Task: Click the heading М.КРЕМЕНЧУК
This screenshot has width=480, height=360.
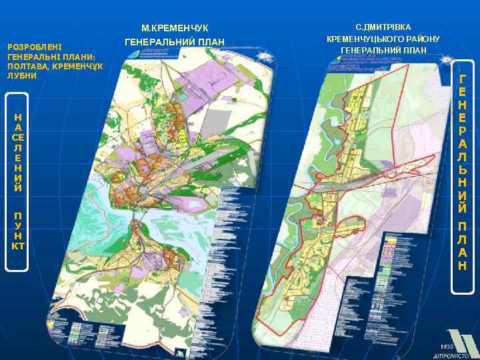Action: [x=175, y=28]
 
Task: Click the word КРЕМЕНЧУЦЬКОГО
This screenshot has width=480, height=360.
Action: [x=365, y=39]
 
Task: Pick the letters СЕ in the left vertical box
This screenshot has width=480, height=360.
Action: [x=18, y=137]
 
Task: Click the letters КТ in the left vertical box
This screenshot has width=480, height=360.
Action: [x=18, y=246]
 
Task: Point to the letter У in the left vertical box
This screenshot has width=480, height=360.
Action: [x=18, y=225]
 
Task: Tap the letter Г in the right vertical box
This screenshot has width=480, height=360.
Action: [x=463, y=77]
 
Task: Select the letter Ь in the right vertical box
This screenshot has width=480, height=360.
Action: [x=463, y=169]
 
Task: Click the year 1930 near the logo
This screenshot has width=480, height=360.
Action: [x=447, y=345]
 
